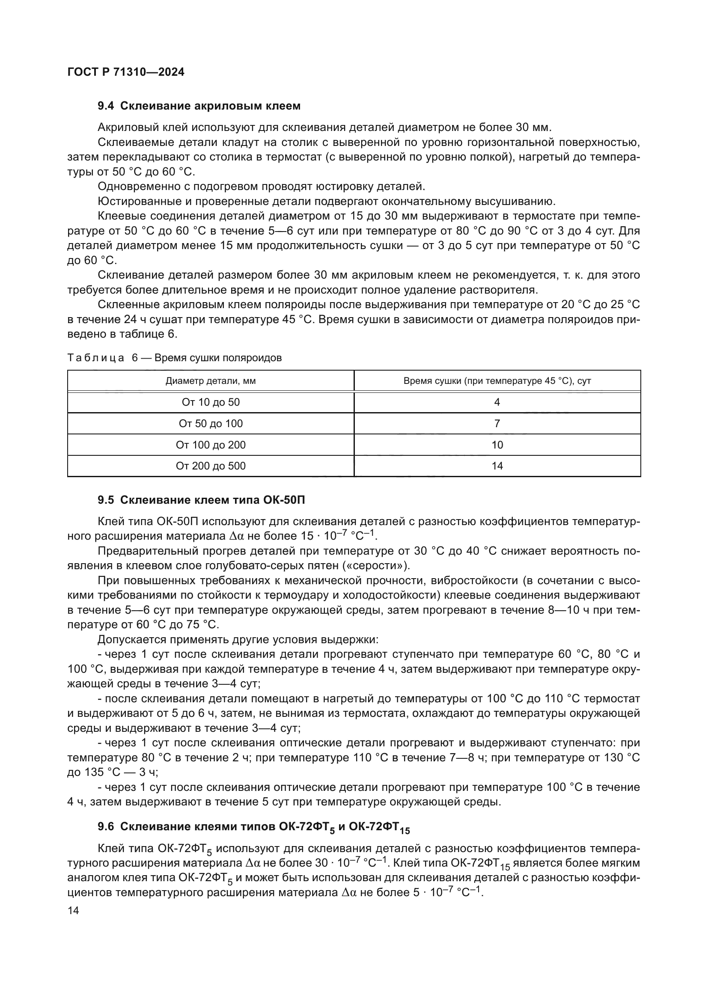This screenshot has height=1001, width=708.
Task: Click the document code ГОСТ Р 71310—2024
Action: (126, 72)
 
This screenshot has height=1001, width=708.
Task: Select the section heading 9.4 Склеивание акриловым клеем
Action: (199, 106)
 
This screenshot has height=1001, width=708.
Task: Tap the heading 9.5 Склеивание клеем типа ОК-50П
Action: (201, 500)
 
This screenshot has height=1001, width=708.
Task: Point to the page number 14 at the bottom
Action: (73, 910)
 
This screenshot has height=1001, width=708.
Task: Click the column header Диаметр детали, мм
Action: (211, 381)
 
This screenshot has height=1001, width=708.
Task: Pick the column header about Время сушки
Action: (497, 381)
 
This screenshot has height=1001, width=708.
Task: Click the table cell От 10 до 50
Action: (211, 402)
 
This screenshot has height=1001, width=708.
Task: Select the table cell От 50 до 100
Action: (211, 424)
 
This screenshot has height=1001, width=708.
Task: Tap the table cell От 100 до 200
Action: (211, 445)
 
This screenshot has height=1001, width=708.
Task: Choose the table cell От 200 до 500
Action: (211, 466)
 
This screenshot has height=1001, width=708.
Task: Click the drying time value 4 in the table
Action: (497, 402)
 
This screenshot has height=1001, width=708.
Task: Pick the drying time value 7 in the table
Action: (497, 424)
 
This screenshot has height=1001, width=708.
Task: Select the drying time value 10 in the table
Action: (497, 445)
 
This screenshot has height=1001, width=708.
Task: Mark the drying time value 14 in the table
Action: (497, 466)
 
